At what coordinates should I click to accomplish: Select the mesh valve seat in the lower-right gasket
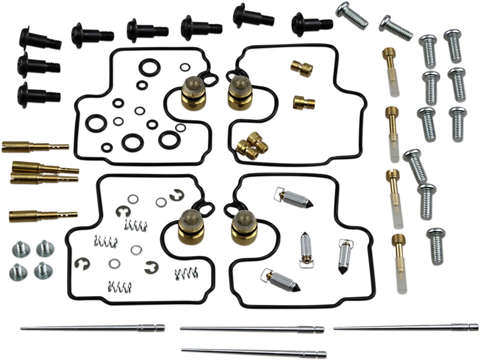coord(244,227)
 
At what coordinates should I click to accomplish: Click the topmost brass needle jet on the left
coord(34,146)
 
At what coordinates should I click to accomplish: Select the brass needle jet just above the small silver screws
coord(42,216)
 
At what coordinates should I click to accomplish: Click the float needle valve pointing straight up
coord(305,249)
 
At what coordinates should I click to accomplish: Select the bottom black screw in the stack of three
coord(38,95)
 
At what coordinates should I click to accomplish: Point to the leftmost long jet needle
coord(92,328)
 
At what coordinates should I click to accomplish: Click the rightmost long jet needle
coord(406,327)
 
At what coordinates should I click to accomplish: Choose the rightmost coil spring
coord(186,274)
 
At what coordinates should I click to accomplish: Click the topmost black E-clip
coord(177,195)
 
